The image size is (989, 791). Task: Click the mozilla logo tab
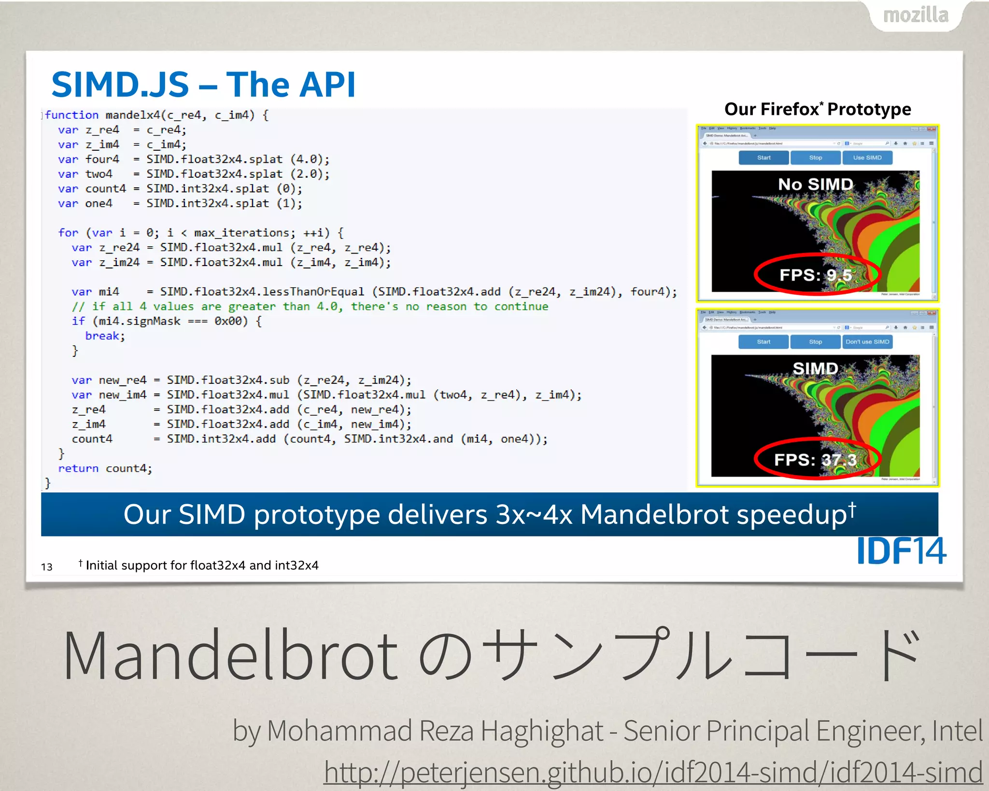(916, 15)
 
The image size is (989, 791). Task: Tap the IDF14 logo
(901, 551)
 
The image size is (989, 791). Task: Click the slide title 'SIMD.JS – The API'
(203, 85)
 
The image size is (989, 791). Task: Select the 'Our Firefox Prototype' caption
(818, 109)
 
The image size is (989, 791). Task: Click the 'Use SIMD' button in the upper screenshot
(867, 158)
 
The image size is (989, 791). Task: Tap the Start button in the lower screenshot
(763, 342)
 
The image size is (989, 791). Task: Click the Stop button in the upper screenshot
(815, 158)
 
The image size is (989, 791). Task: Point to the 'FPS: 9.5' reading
(816, 275)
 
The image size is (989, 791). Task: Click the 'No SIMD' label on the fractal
(815, 184)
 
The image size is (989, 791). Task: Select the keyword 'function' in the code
(71, 115)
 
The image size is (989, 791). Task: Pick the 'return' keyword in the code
(78, 468)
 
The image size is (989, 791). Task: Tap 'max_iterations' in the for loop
(241, 233)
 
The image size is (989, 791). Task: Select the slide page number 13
(47, 566)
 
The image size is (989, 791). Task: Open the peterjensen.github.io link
(653, 771)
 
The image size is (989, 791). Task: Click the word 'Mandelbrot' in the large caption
(230, 656)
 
